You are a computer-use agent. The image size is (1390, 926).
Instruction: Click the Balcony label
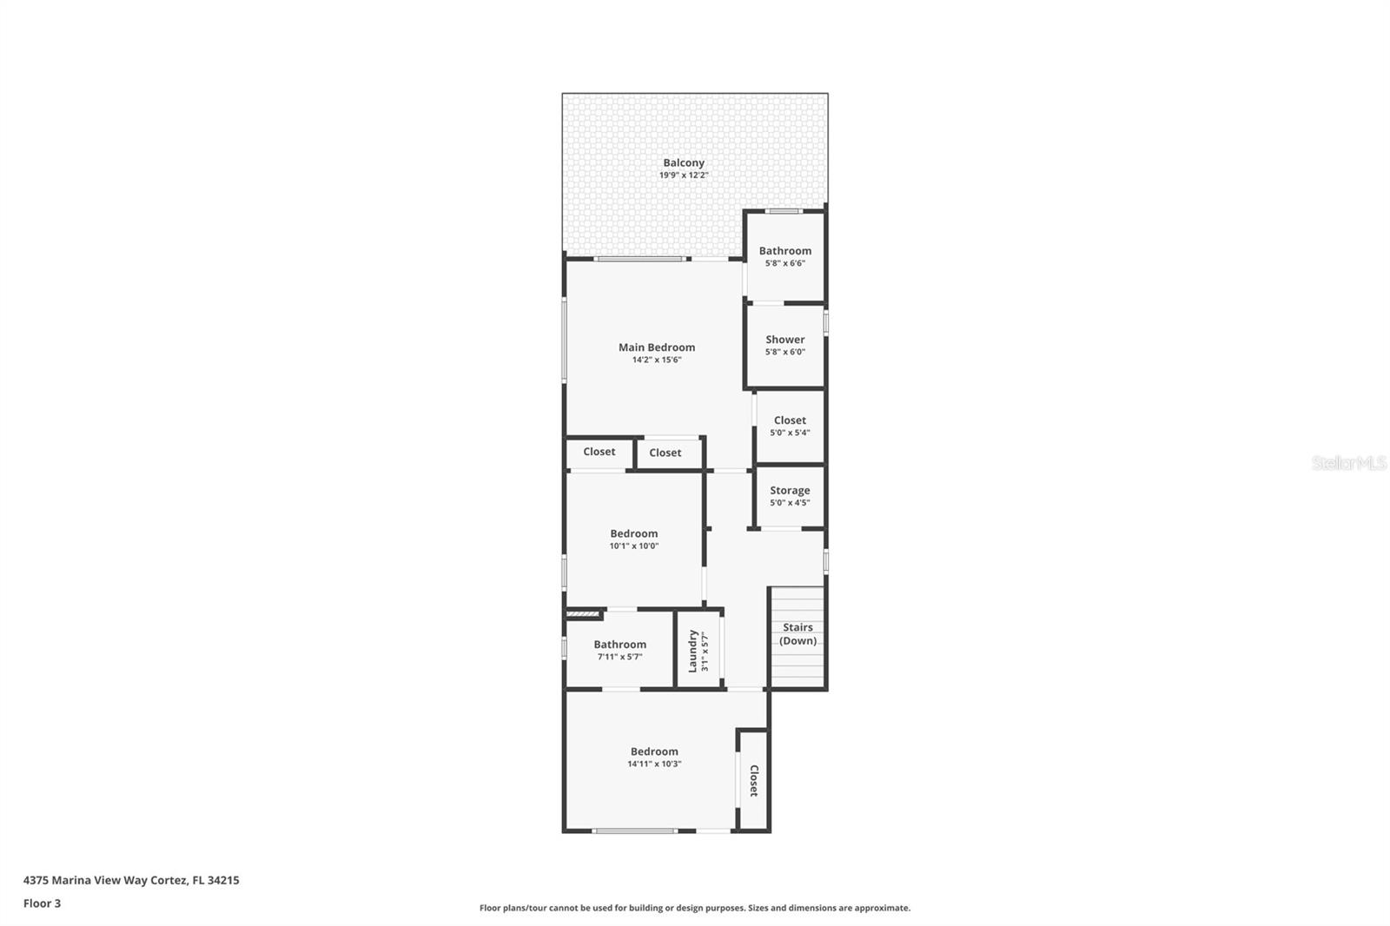pyautogui.click(x=683, y=162)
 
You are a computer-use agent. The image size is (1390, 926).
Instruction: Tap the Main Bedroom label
pyautogui.click(x=657, y=347)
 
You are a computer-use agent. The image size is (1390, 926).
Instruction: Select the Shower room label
pyautogui.click(x=785, y=340)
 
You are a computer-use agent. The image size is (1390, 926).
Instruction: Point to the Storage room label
pyautogui.click(x=790, y=490)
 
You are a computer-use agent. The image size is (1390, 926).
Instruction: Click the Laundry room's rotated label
pyautogui.click(x=692, y=651)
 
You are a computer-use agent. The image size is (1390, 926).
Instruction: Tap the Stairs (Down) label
pyautogui.click(x=798, y=633)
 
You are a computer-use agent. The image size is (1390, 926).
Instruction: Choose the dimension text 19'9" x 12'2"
pyautogui.click(x=683, y=175)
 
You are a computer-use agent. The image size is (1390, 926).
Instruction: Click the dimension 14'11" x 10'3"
pyautogui.click(x=654, y=764)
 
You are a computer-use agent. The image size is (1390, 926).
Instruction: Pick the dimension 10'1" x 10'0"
pyautogui.click(x=633, y=546)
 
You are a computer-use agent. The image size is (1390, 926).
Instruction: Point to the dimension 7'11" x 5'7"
pyautogui.click(x=619, y=657)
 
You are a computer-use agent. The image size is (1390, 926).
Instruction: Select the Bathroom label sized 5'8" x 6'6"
pyautogui.click(x=785, y=251)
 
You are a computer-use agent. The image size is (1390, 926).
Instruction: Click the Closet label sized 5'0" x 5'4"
pyautogui.click(x=790, y=420)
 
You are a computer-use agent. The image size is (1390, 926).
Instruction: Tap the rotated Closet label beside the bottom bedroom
pyautogui.click(x=754, y=780)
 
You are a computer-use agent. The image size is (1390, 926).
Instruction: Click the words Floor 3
pyautogui.click(x=43, y=903)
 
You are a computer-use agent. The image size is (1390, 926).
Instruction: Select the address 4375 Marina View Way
pyautogui.click(x=104, y=880)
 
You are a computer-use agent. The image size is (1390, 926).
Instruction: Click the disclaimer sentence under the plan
pyautogui.click(x=694, y=908)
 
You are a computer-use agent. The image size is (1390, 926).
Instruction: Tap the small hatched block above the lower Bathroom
pyautogui.click(x=583, y=614)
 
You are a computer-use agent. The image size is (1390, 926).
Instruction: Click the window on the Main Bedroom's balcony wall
pyautogui.click(x=639, y=259)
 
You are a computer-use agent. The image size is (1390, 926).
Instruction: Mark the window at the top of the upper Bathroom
pyautogui.click(x=783, y=211)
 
